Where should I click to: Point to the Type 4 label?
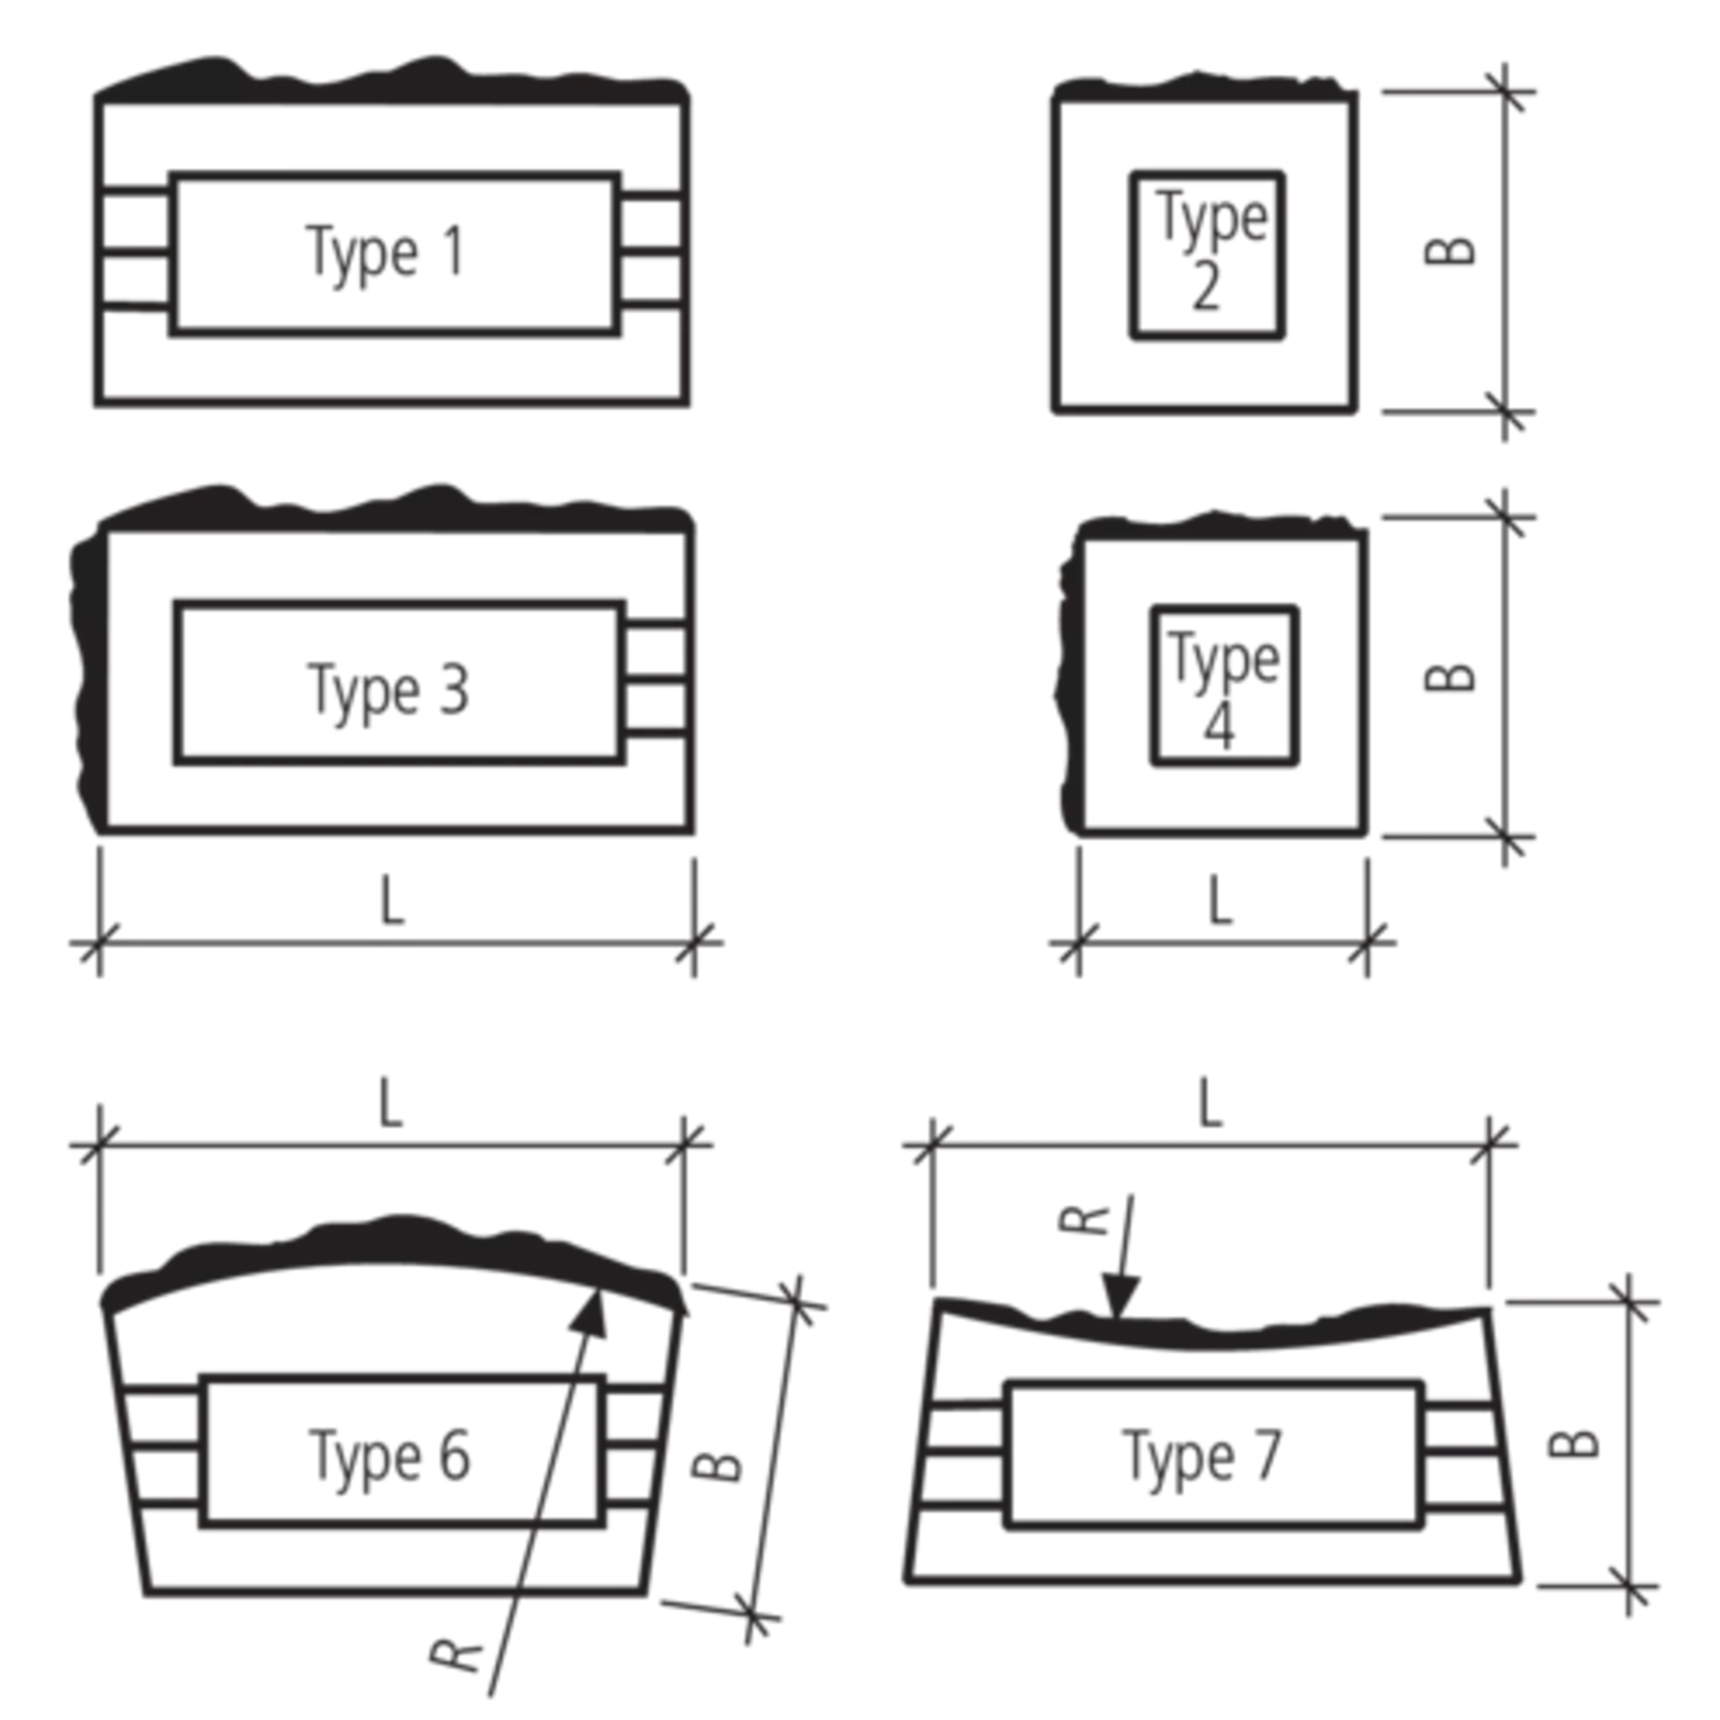pos(1223,688)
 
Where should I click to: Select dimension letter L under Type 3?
pos(392,901)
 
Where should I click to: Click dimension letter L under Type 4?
pos(1220,901)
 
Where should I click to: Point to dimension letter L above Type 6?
pos(391,1104)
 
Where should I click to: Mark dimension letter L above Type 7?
pos(1210,1104)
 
